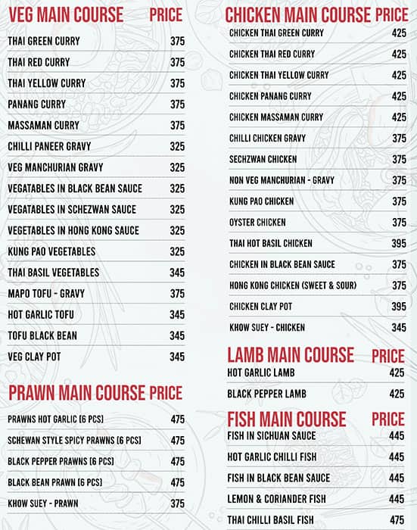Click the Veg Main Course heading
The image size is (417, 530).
click(65, 14)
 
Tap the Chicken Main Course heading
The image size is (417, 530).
click(297, 14)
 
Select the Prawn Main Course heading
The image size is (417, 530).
click(76, 392)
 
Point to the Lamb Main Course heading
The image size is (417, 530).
click(290, 354)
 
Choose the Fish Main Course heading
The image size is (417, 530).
click(286, 419)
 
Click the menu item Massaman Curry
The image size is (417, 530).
click(43, 125)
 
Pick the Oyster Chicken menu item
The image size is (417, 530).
click(257, 223)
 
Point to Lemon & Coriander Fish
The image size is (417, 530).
click(276, 499)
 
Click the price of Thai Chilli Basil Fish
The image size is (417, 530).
click(397, 520)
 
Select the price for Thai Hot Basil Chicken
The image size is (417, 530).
click(399, 244)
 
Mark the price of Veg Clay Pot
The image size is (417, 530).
click(177, 357)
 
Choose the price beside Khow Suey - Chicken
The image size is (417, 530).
click(399, 328)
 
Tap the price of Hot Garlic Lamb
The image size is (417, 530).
click(397, 373)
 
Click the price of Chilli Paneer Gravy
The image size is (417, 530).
click(177, 146)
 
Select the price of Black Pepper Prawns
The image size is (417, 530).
click(177, 461)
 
